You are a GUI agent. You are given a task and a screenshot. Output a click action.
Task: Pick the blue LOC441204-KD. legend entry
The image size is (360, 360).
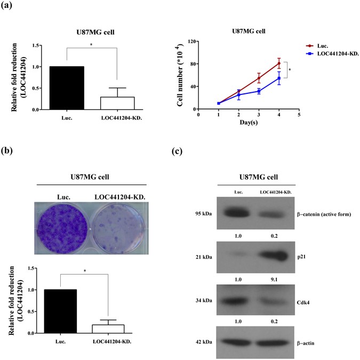pyautogui.click(x=332, y=54)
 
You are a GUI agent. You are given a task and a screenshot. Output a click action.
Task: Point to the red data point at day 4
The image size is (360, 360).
pyautogui.click(x=279, y=63)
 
